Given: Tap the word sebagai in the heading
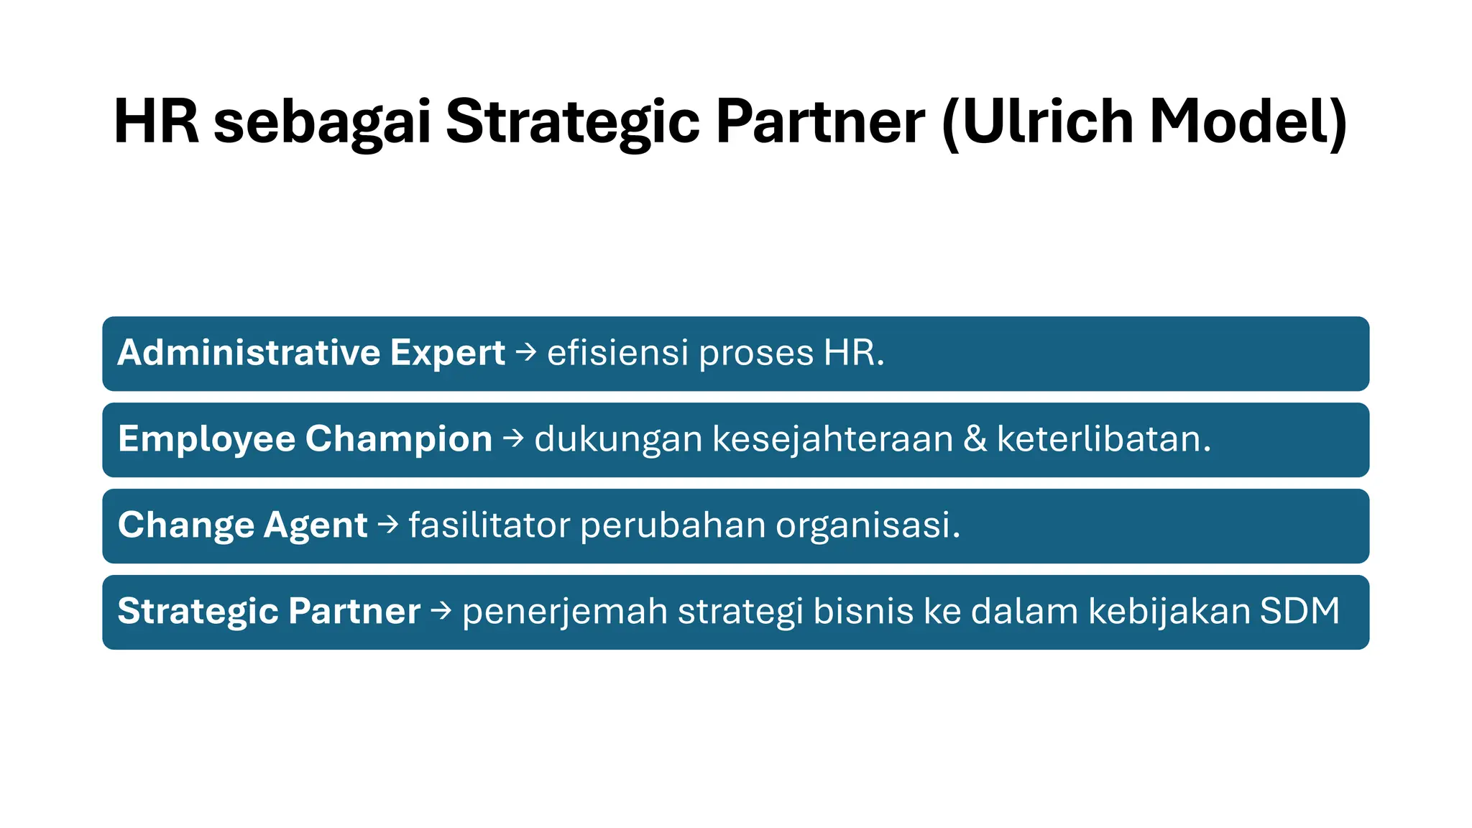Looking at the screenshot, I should click(323, 122).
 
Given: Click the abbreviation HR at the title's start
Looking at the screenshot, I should click(156, 122).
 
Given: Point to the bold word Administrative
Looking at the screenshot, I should click(249, 353).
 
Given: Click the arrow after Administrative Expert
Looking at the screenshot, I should click(526, 353).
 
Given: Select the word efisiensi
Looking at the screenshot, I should click(617, 353).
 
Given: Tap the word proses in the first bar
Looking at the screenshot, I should click(756, 354).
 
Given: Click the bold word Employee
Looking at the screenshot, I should click(206, 439).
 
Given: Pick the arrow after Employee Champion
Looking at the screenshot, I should click(513, 439).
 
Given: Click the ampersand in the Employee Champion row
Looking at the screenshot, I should click(975, 439).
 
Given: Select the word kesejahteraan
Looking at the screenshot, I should click(833, 439).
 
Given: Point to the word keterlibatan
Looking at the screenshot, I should click(1103, 439).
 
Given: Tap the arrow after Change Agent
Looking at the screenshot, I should click(388, 525).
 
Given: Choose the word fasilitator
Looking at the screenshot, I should click(489, 525).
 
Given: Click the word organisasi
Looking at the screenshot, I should click(868, 525).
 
